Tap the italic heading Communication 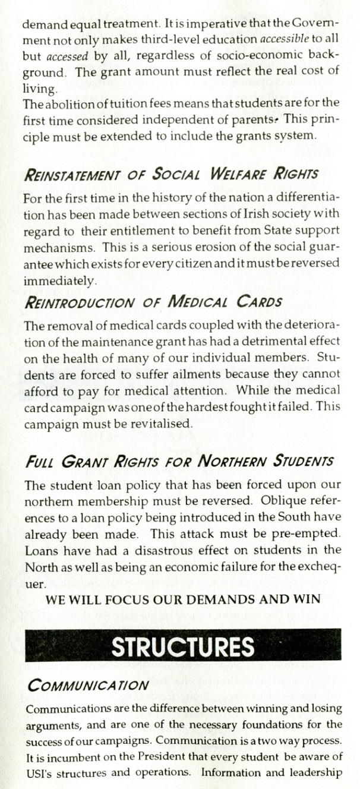(x=88, y=684)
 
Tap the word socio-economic (x=256, y=56)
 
